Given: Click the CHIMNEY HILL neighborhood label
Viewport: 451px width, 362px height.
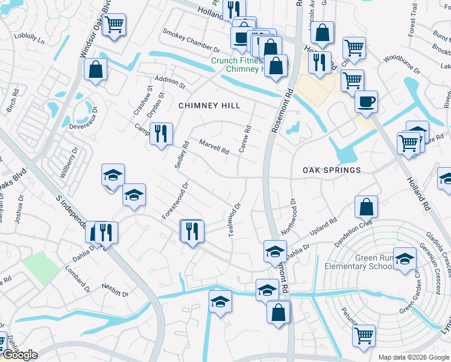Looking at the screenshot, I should click(209, 106).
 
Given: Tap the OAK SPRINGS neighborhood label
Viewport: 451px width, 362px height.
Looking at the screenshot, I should click(332, 170).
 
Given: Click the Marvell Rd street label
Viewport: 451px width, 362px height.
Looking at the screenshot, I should click(214, 147).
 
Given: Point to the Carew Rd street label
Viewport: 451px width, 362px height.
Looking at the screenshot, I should click(244, 139).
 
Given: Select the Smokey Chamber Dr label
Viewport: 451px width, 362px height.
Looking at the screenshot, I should click(191, 39).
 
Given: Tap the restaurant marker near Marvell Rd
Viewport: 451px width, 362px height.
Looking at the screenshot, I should click(161, 133).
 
